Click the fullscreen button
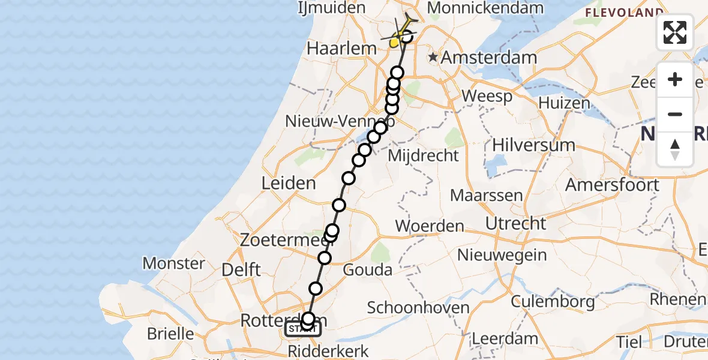[x=675, y=32]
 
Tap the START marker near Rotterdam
[x=303, y=329]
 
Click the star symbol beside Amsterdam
[x=433, y=58]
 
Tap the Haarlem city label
[x=337, y=49]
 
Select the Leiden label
[x=289, y=183]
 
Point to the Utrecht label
[x=516, y=223]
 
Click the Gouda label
[x=367, y=270]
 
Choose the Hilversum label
[x=533, y=145]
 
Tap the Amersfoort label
[x=612, y=184]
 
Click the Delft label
[x=241, y=269]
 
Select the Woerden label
[x=430, y=226]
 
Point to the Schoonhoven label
[x=418, y=308]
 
